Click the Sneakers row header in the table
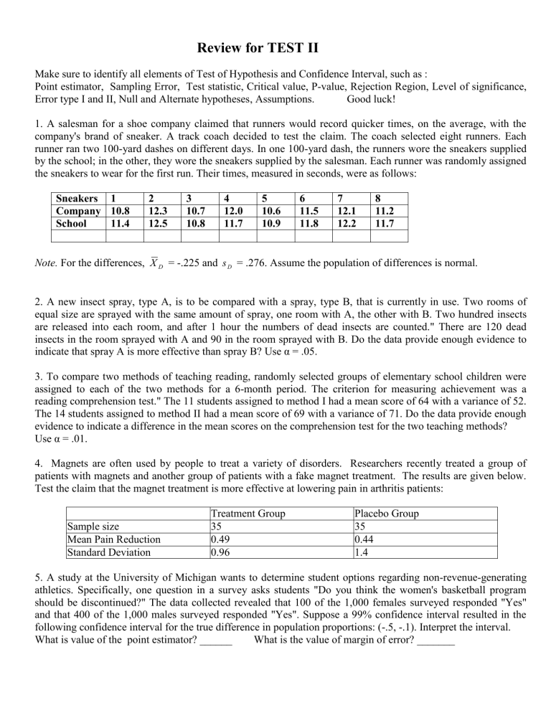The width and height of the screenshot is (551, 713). (x=78, y=199)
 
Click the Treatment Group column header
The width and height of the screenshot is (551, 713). (x=247, y=513)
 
